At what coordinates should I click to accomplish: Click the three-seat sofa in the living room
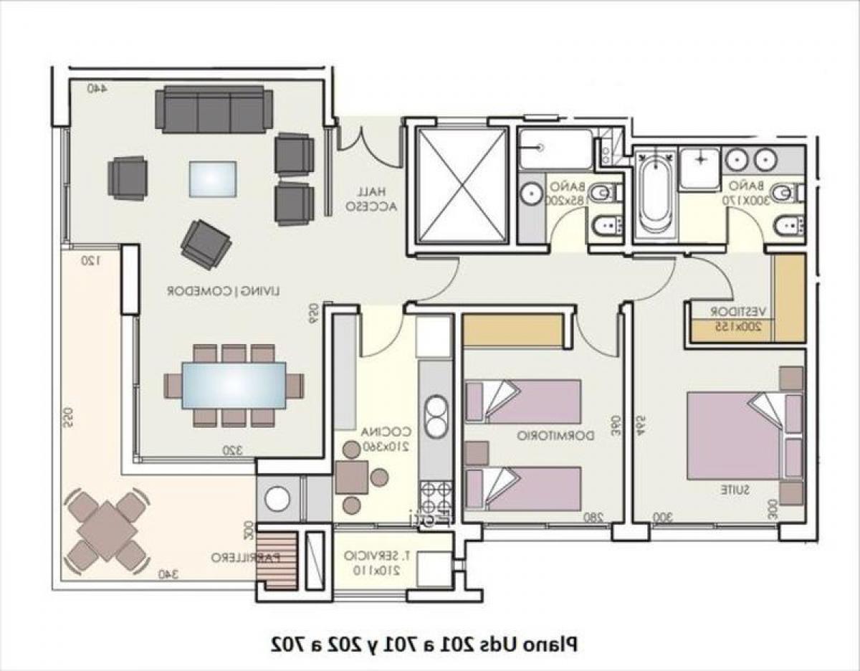[x=214, y=109]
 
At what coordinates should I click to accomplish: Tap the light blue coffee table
[x=213, y=179]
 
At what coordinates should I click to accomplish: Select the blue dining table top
[x=234, y=386]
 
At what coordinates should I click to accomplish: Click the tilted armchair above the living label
[x=206, y=244]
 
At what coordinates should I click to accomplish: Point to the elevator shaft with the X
[x=462, y=185]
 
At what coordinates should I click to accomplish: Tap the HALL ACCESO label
[x=367, y=199]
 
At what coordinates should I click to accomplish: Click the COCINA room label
[x=386, y=439]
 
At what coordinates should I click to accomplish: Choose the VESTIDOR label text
[x=738, y=318]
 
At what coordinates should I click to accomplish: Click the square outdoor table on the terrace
[x=106, y=530]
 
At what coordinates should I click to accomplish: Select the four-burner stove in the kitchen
[x=436, y=495]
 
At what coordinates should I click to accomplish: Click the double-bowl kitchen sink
[x=435, y=415]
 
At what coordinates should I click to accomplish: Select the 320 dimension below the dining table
[x=231, y=450]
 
